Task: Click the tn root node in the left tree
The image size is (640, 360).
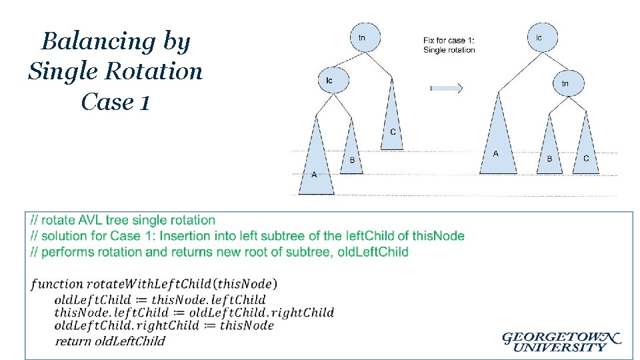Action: pos(361,38)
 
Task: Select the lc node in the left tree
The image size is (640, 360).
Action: pos(329,81)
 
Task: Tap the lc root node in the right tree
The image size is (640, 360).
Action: pos(539,38)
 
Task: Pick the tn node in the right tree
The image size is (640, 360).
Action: pos(565,83)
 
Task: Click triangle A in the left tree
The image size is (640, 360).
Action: pos(315,167)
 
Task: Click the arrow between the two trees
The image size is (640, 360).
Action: pos(446,87)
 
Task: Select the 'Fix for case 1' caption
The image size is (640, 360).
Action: pos(449,45)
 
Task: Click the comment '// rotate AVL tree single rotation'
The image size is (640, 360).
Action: pos(123,220)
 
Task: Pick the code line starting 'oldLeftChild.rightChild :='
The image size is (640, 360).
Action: pos(164,325)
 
